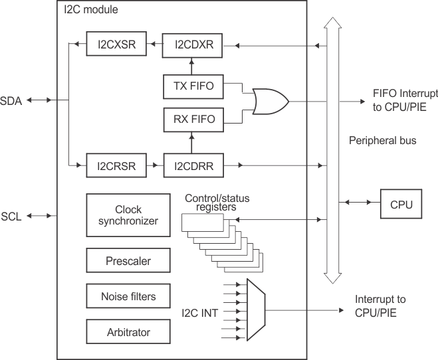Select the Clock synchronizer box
(123, 215)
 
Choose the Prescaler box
(123, 261)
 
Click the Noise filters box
(123, 296)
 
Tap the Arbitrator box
(123, 331)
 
